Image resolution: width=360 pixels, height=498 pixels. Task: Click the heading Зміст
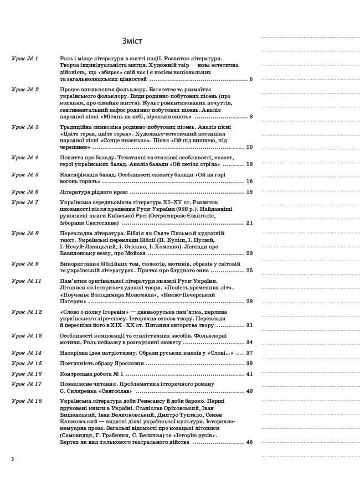(x=132, y=41)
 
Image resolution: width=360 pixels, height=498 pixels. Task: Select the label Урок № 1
(x=25, y=58)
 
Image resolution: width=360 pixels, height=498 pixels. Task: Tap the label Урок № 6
(x=25, y=191)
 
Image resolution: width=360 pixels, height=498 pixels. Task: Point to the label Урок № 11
(x=27, y=281)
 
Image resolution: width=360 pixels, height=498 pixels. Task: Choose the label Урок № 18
(x=27, y=400)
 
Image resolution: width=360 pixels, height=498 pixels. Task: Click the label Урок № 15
(x=27, y=363)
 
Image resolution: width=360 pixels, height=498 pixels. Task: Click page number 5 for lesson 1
(x=251, y=79)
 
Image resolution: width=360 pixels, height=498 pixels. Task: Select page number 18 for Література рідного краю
(x=249, y=191)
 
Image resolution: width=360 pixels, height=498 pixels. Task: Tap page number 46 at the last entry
(x=249, y=442)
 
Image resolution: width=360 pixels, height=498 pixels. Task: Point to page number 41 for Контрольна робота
(x=249, y=373)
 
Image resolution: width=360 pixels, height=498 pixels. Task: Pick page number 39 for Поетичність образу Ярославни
(x=249, y=363)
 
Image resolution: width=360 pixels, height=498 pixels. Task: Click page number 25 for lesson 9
(x=249, y=271)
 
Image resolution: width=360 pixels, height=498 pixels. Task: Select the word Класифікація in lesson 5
(x=77, y=174)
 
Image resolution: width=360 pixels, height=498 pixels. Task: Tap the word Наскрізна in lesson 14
(x=74, y=352)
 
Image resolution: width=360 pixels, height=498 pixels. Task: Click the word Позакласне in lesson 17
(x=75, y=383)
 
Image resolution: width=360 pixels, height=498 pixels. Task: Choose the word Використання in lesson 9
(x=79, y=263)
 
